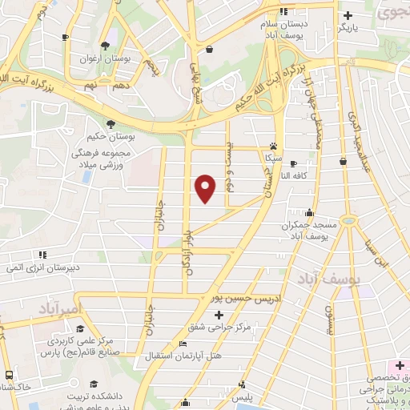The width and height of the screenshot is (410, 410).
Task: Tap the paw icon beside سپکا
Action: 274,147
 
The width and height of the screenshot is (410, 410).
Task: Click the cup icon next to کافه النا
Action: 343,162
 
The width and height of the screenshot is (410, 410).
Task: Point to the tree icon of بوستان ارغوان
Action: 105,45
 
